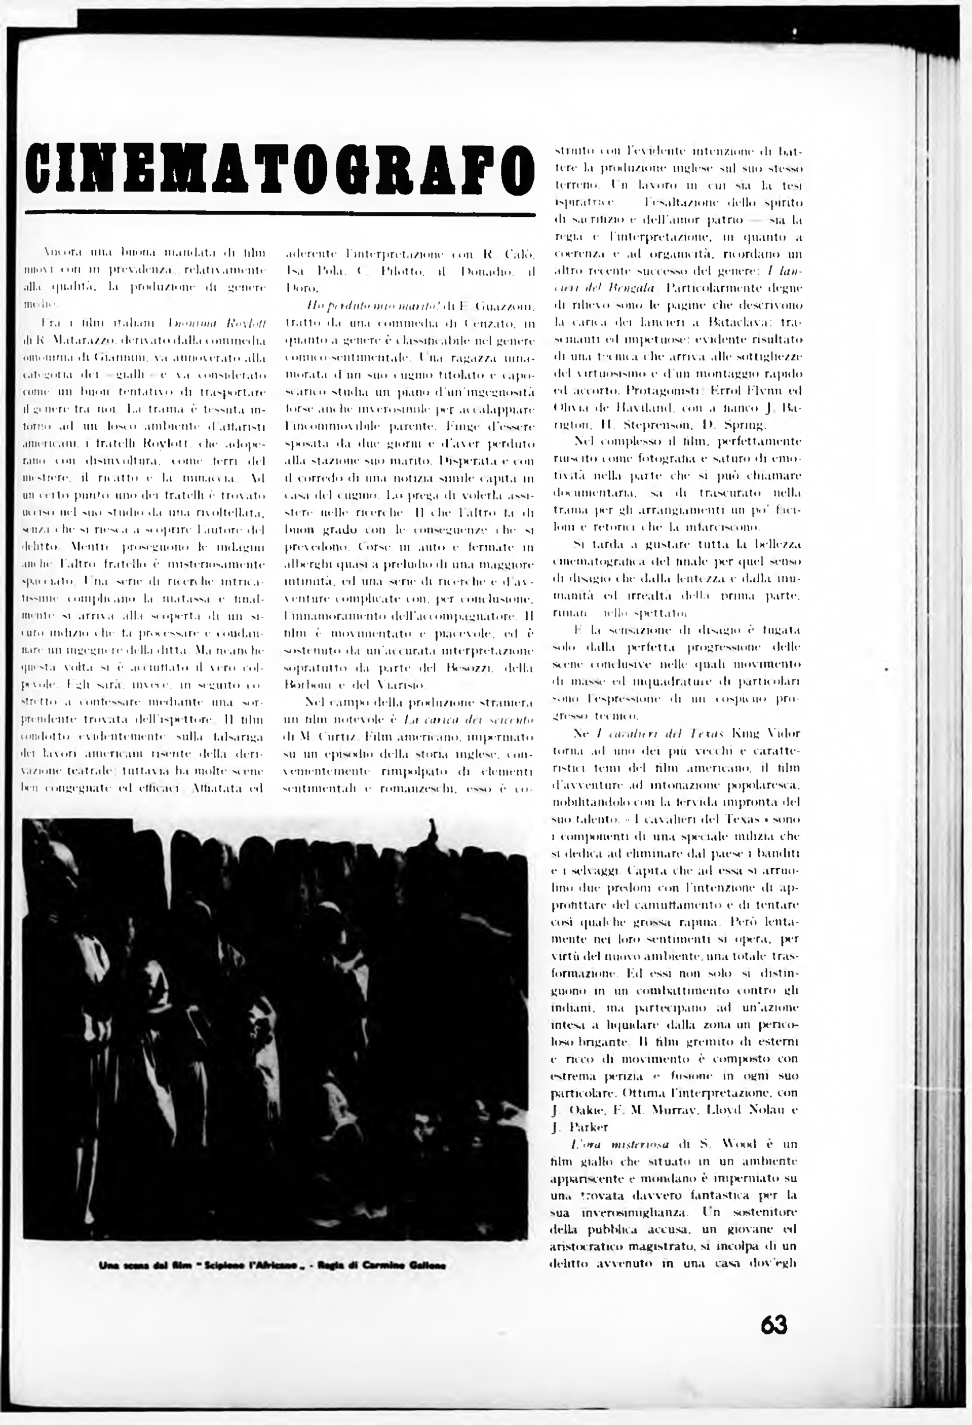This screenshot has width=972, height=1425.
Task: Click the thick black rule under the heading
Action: (280, 214)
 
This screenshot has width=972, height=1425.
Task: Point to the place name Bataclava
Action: (723, 321)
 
